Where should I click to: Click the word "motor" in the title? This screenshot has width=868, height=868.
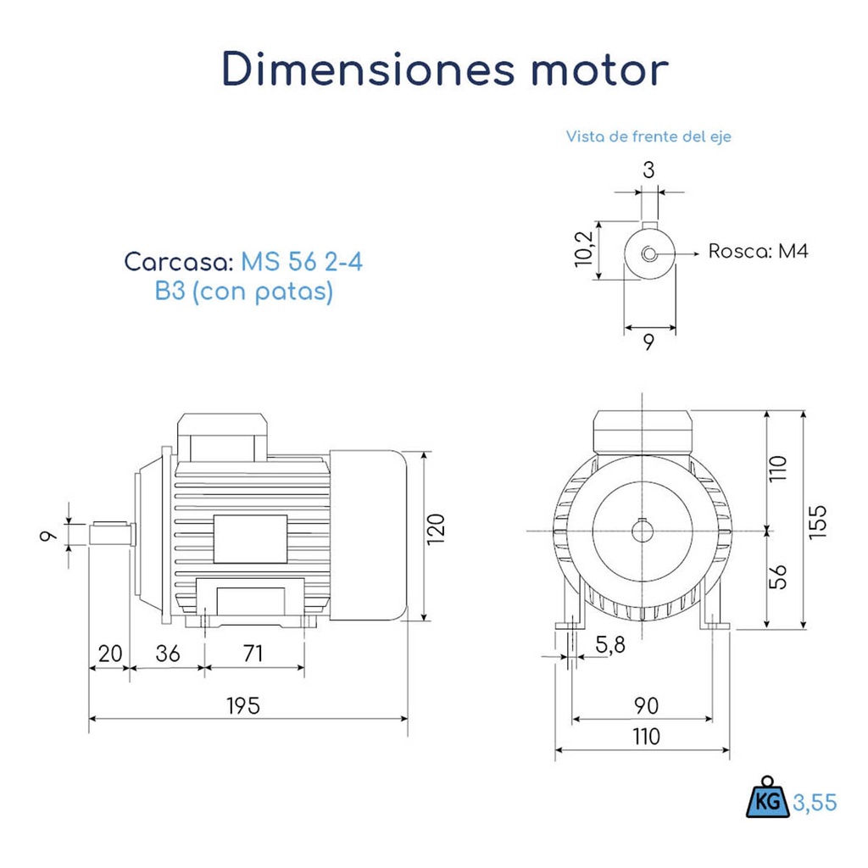(x=599, y=70)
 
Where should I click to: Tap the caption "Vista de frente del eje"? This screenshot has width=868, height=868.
(x=648, y=136)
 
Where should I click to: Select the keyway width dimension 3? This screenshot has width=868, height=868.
(x=648, y=170)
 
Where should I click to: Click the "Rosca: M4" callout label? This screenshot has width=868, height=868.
(x=758, y=252)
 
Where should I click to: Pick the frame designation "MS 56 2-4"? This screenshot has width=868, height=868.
(x=301, y=261)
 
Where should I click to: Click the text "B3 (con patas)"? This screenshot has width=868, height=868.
(x=243, y=292)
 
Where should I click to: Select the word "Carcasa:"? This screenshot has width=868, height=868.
(x=179, y=261)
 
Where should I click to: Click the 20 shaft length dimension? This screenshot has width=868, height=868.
(x=110, y=654)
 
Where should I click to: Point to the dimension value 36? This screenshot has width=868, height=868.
(x=168, y=654)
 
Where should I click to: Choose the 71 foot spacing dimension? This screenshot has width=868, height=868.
(x=253, y=654)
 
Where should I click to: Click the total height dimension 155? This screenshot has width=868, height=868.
(x=816, y=520)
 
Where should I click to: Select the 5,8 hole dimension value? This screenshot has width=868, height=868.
(x=610, y=646)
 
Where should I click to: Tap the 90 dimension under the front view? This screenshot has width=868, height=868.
(x=646, y=705)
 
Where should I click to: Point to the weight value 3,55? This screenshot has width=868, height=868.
(x=815, y=802)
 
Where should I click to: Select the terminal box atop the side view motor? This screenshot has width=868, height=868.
(x=222, y=434)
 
